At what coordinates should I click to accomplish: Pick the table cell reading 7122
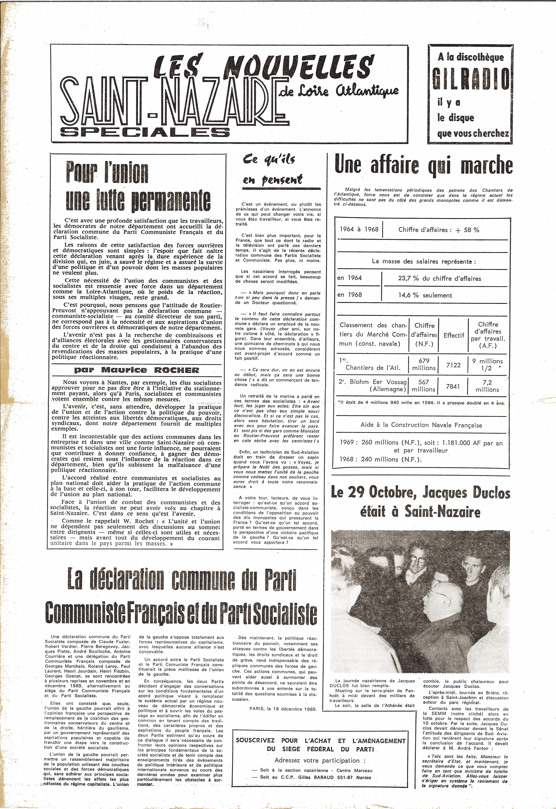point(454,365)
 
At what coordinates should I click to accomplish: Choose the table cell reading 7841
point(453,386)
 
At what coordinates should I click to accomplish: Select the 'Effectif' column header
point(454,335)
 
